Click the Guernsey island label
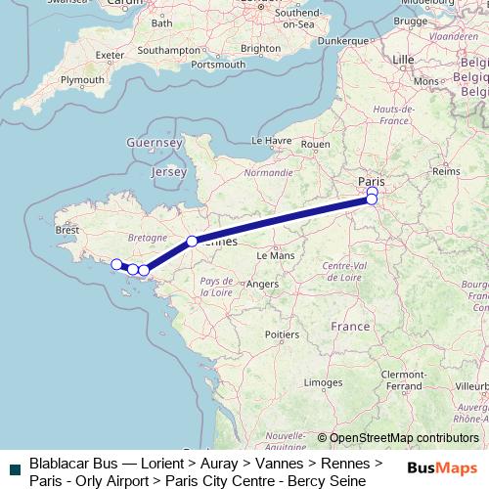(x=155, y=143)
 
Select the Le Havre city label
(x=272, y=141)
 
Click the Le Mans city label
(x=275, y=254)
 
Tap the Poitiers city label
(x=282, y=333)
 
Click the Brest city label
(x=67, y=231)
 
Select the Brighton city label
(x=260, y=47)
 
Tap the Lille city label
(x=403, y=59)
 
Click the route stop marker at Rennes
(x=193, y=241)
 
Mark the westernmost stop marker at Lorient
(x=116, y=264)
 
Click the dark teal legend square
(x=14, y=471)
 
